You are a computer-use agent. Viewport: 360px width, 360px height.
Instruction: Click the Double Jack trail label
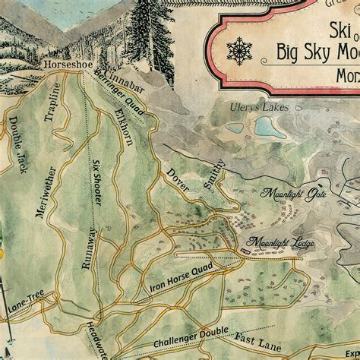[x=17, y=143]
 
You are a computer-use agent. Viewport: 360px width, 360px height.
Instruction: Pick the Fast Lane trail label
[x=264, y=324]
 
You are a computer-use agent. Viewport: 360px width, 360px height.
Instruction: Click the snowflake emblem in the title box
[x=241, y=52]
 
